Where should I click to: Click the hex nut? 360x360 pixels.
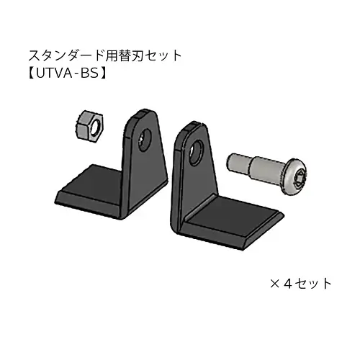[89, 125]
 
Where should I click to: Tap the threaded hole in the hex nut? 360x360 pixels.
[96, 127]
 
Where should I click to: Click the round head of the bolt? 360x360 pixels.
[294, 177]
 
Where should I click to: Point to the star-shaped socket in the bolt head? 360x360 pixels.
[299, 178]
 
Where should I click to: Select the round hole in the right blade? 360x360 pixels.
[196, 153]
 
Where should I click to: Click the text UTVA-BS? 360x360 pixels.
[68, 73]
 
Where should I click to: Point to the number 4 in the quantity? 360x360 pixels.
[287, 284]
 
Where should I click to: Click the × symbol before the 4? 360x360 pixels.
[275, 284]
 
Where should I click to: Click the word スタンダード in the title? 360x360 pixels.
[66, 55]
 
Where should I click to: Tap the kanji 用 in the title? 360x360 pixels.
[110, 55]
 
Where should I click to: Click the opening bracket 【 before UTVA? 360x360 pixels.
[32, 73]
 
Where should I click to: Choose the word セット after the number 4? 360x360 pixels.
[313, 284]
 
